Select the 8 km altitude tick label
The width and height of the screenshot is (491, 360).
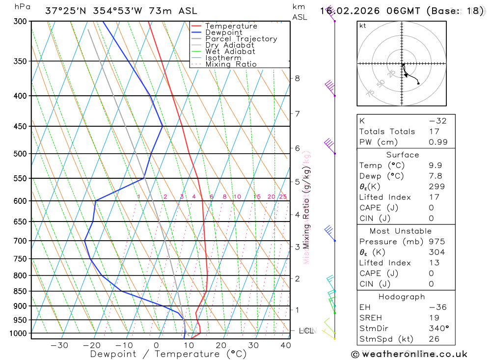coord(297,78)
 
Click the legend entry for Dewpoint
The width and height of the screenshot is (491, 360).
coord(223,32)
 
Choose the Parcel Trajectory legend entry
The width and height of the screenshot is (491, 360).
coord(241,39)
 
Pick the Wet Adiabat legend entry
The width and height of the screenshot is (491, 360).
coord(230,52)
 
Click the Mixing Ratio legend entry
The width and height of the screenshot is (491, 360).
coord(231,64)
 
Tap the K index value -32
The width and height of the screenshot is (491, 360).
coord(437,121)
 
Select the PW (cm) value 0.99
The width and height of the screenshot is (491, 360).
coord(438,142)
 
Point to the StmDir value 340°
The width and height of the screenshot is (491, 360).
coord(438,328)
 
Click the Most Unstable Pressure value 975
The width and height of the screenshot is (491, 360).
coord(436,242)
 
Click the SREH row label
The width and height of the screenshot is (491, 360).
coord(370,318)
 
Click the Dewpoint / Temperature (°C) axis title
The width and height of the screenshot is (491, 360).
coord(168,354)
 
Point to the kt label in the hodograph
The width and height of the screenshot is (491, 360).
coord(363,26)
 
